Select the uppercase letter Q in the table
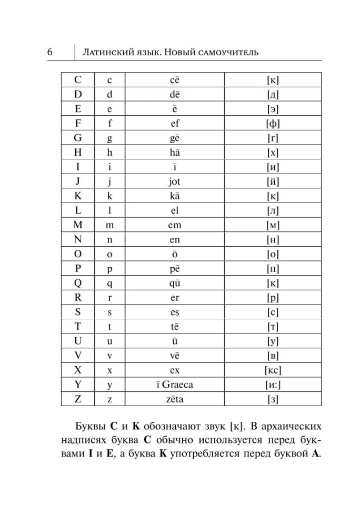click(x=78, y=283)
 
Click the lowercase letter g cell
click(x=109, y=138)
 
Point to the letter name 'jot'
click(x=175, y=181)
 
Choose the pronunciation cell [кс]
click(x=273, y=370)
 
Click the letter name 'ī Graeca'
click(x=175, y=385)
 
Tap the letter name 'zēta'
click(x=175, y=399)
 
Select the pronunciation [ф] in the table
click(x=273, y=124)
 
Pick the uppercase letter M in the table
click(x=78, y=225)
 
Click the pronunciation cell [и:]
click(x=273, y=385)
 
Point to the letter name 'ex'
click(x=175, y=370)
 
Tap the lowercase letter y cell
click(x=109, y=385)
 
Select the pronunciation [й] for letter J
click(x=273, y=181)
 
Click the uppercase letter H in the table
click(x=78, y=153)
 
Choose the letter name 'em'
click(x=175, y=225)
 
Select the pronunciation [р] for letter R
click(x=273, y=298)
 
